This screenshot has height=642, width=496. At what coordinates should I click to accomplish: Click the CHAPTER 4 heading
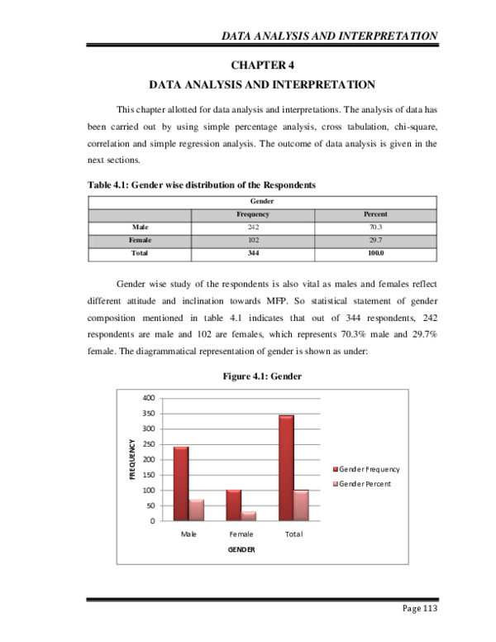262,65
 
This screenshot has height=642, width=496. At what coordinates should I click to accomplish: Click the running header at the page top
329,36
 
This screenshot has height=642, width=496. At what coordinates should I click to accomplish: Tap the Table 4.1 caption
202,185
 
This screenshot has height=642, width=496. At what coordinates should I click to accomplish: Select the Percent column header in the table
376,213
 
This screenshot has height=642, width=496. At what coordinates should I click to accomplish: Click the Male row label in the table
140,227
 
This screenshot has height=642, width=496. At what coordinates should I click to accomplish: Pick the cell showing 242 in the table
254,227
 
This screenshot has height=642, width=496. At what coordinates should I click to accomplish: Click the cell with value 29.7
376,240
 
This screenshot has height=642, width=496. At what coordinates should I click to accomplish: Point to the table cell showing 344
254,253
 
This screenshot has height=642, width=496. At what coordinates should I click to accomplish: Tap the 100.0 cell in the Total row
376,253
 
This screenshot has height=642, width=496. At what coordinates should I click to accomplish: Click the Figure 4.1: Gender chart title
262,376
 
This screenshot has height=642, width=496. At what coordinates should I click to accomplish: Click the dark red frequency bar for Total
286,467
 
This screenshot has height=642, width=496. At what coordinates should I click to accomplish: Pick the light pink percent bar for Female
249,515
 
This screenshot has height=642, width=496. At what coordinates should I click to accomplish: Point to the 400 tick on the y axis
149,398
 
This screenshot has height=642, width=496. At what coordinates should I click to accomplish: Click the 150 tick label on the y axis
149,475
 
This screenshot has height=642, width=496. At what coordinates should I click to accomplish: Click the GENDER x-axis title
241,549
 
